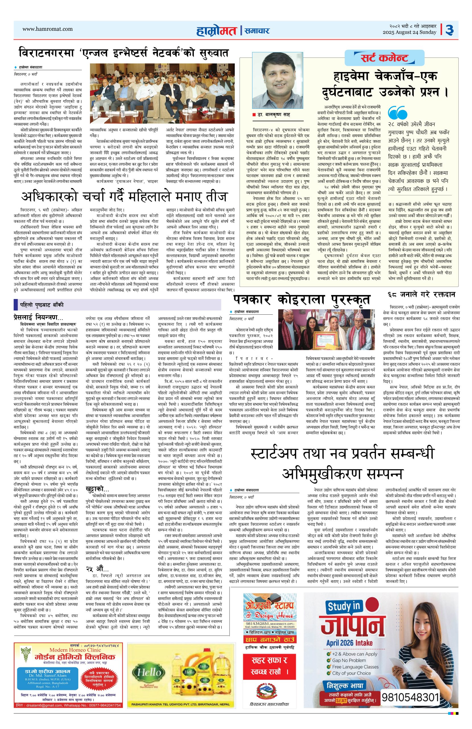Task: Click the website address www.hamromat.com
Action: tap(48, 29)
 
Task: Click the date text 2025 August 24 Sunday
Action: tap(409, 32)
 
